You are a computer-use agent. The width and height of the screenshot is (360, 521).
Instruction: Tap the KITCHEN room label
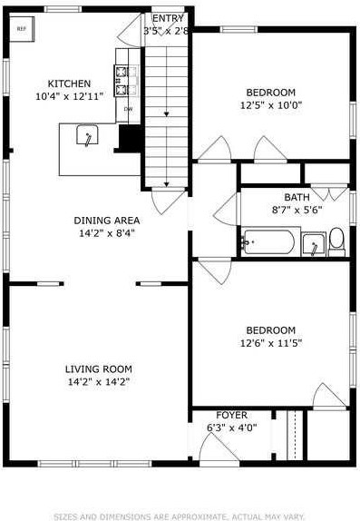click(x=69, y=83)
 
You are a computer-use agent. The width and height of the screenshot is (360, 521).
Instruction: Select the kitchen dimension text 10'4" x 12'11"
click(x=69, y=95)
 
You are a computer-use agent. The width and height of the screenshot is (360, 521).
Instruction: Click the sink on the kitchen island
click(x=87, y=136)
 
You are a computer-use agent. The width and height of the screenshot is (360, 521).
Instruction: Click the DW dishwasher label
click(x=127, y=110)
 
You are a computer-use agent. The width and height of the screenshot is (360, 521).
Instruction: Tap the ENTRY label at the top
click(x=167, y=18)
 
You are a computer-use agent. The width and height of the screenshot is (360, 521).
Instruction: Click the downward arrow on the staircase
click(x=168, y=112)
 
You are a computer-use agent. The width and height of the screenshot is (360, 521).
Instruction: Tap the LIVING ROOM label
click(x=98, y=369)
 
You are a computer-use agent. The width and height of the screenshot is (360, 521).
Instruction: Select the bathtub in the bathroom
click(x=268, y=242)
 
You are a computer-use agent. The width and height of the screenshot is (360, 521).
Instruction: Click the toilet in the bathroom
click(x=336, y=240)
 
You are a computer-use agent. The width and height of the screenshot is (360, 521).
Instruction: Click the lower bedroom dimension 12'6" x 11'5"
click(x=270, y=343)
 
